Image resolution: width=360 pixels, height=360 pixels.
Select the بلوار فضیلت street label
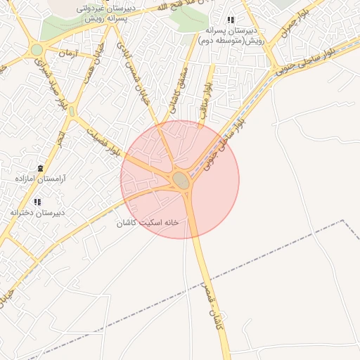103,139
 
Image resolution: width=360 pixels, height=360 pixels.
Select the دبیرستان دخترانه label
37,212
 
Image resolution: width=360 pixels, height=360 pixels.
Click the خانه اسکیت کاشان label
148,222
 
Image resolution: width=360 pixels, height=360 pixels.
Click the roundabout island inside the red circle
181,181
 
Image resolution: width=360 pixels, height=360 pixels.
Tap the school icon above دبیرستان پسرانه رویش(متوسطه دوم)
231,20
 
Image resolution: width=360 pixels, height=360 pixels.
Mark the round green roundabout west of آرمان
37,50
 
